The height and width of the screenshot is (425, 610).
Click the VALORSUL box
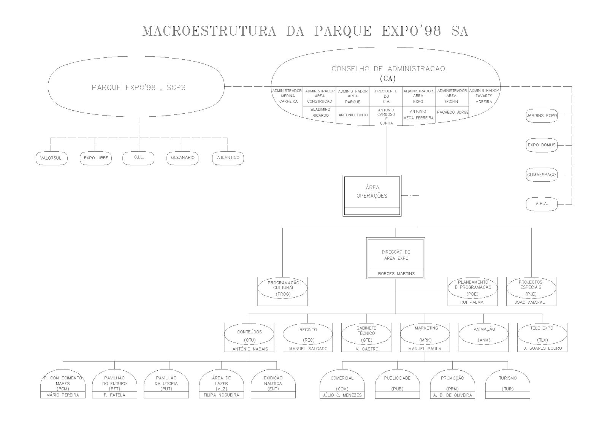pyautogui.click(x=52, y=158)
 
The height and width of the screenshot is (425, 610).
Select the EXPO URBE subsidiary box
pyautogui.click(x=96, y=158)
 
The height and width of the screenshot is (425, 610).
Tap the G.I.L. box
pyautogui.click(x=139, y=158)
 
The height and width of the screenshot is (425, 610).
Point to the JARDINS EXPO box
pyautogui.click(x=542, y=115)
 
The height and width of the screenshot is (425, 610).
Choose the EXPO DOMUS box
pyautogui.click(x=542, y=145)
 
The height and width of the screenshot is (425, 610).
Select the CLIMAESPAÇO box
pyautogui.click(x=542, y=175)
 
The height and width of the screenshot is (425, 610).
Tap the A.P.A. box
pyautogui.click(x=542, y=204)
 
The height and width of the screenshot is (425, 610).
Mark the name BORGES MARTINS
pyautogui.click(x=396, y=274)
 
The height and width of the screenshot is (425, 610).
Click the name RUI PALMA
pyautogui.click(x=472, y=303)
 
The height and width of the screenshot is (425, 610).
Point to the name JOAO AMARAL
pyautogui.click(x=531, y=303)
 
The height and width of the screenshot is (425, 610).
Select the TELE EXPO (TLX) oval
pyautogui.click(x=542, y=334)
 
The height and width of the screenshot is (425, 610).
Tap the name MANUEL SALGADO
pyautogui.click(x=308, y=349)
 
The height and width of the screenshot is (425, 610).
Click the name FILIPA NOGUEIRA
pyautogui.click(x=221, y=395)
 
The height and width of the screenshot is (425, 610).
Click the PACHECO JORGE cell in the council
pyautogui.click(x=452, y=113)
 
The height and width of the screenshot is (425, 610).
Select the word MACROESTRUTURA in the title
pyautogui.click(x=209, y=32)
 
